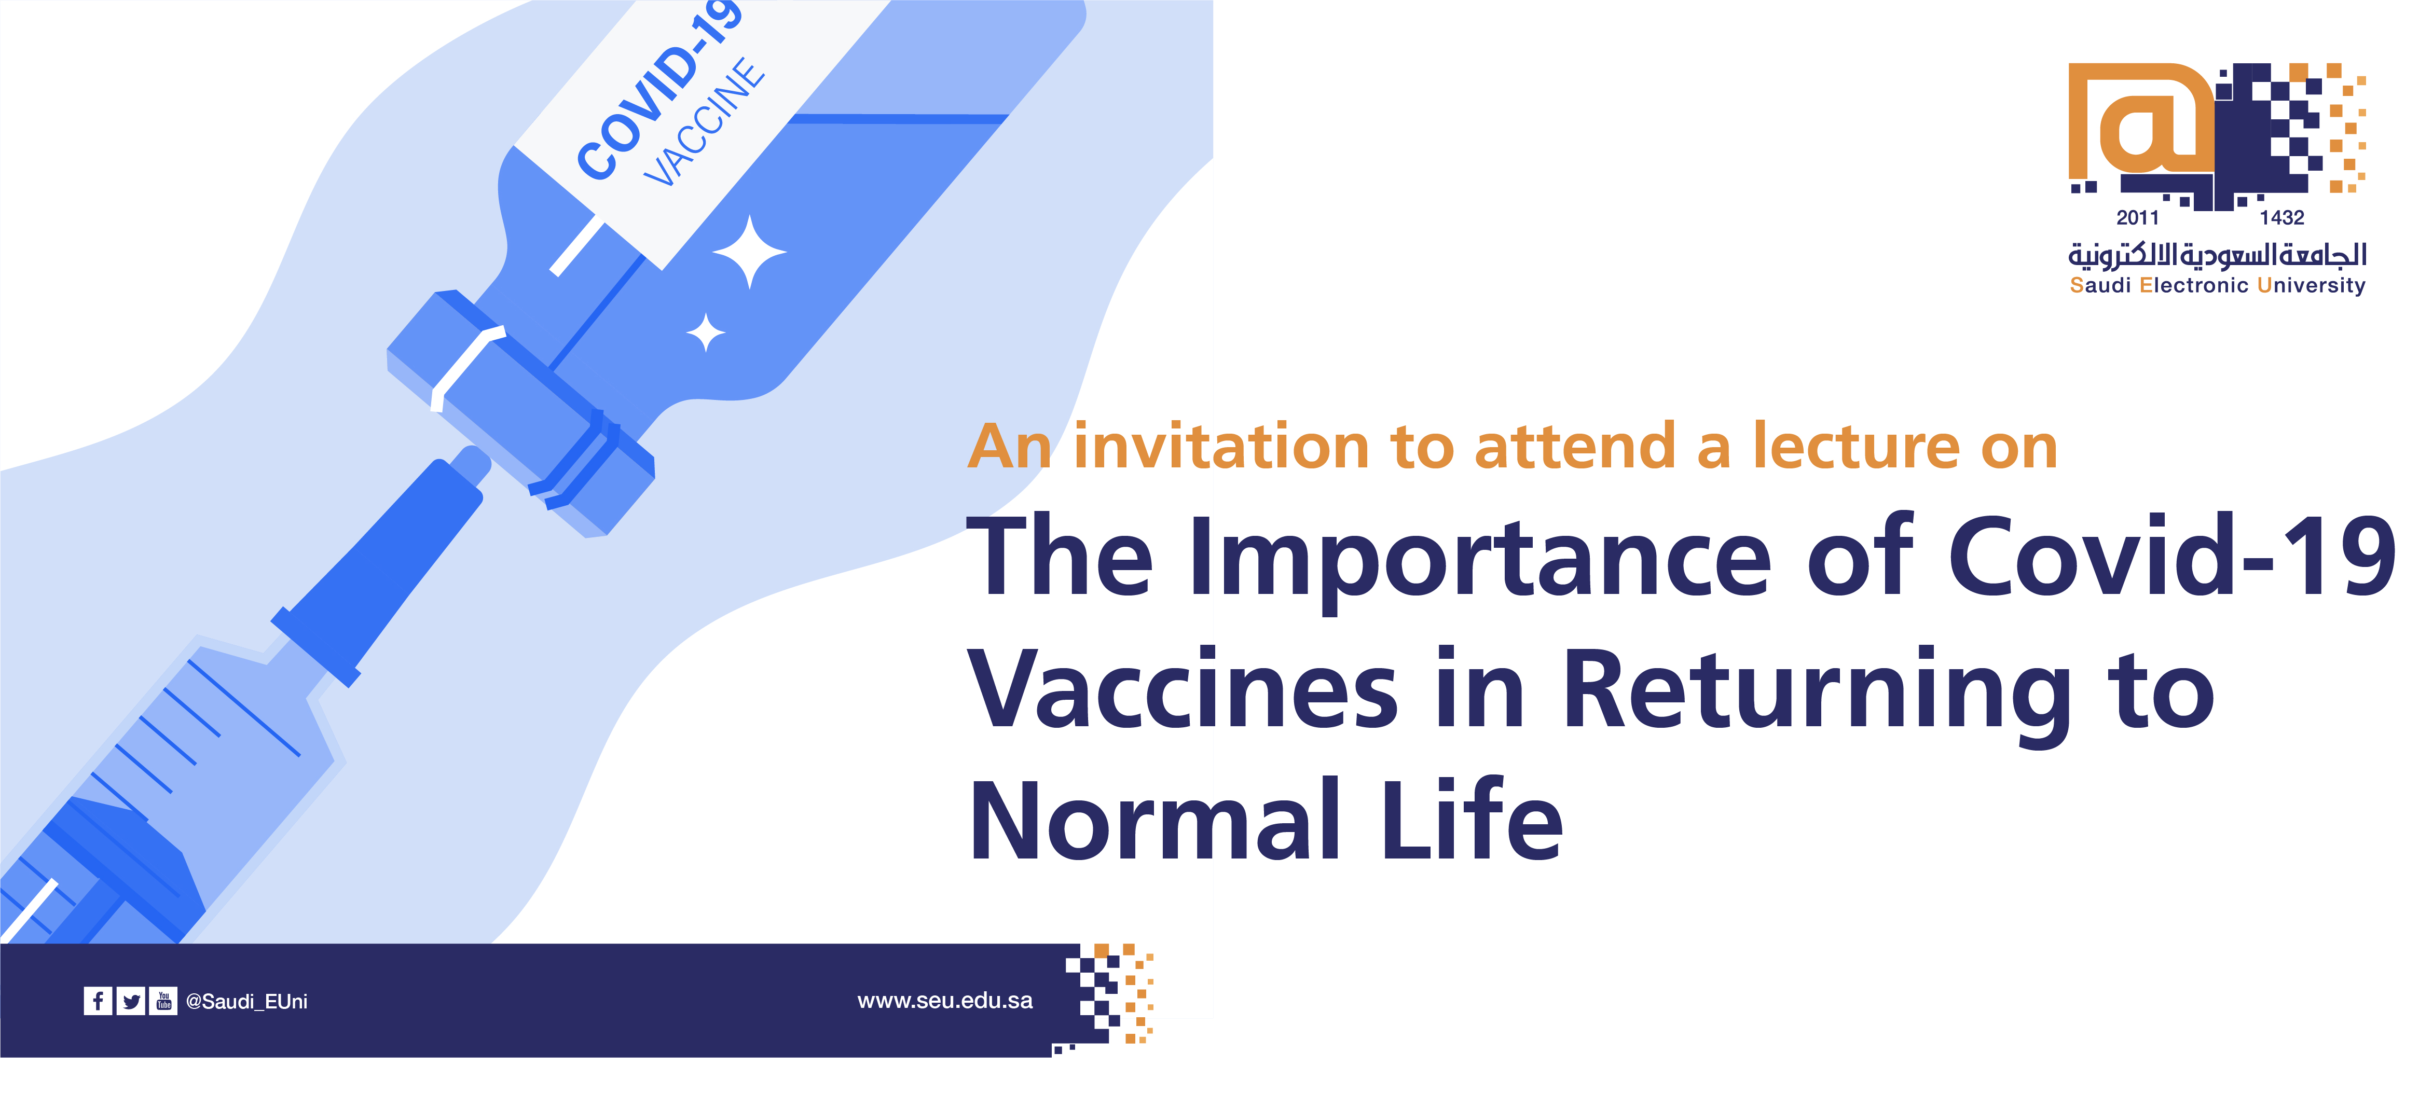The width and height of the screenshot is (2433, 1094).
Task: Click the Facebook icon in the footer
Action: [x=97, y=1001]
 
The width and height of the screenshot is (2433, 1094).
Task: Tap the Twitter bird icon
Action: [x=130, y=1001]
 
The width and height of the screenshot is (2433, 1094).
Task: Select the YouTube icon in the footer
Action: [x=163, y=1001]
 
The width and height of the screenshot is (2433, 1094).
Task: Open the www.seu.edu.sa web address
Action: [x=944, y=1001]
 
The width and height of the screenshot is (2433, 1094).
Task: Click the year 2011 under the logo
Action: [x=2137, y=218]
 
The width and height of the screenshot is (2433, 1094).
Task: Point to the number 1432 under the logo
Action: [x=2282, y=218]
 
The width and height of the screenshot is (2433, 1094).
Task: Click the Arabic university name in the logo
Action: [x=2218, y=254]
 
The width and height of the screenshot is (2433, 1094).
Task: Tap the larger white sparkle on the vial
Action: [x=749, y=252]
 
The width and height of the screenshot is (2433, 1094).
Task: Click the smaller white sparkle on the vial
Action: [x=706, y=333]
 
